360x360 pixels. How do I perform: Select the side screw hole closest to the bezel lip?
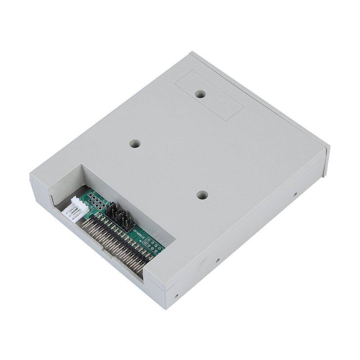[295, 195]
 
